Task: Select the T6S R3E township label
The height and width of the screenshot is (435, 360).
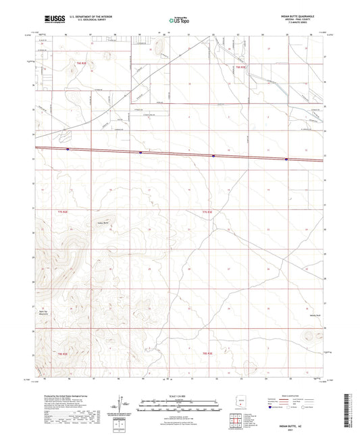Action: pyautogui.click(x=241, y=68)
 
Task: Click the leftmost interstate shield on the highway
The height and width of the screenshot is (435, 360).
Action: pyautogui.click(x=68, y=149)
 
